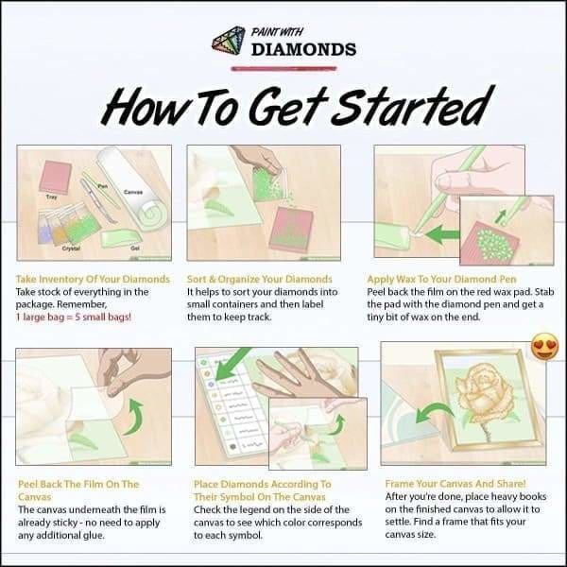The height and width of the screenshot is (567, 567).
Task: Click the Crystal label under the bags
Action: click(71, 248)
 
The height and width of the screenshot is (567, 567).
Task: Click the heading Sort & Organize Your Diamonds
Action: click(260, 280)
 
